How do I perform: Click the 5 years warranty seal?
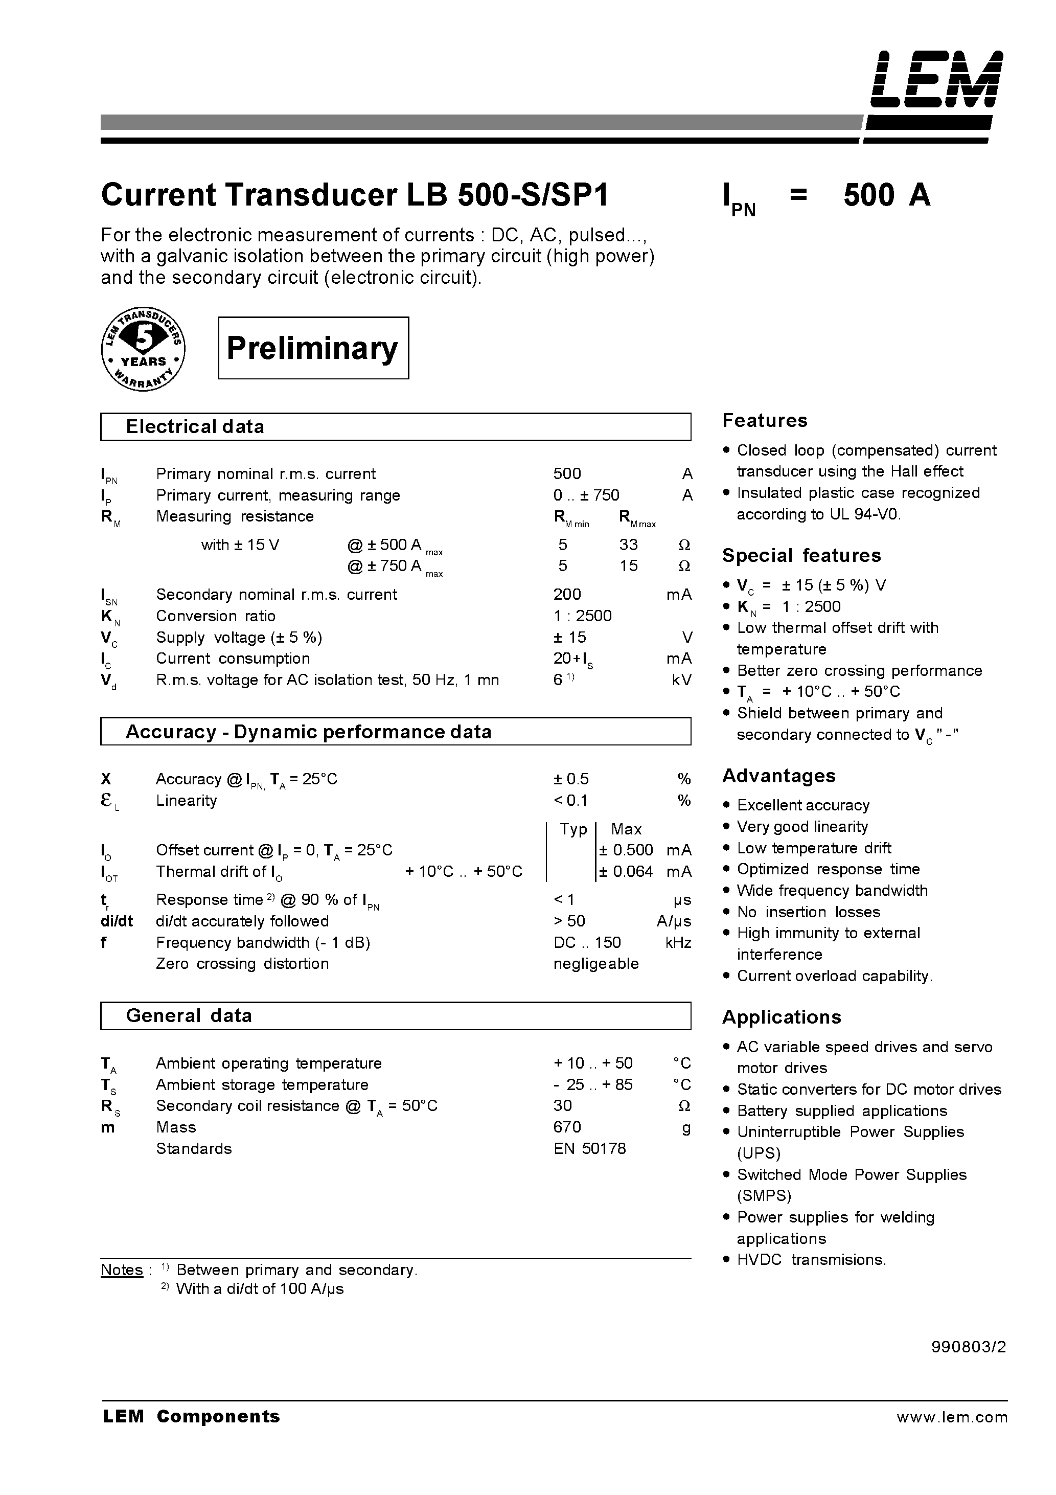143,349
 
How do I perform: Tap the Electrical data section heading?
195,427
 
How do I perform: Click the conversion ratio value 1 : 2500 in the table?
582,616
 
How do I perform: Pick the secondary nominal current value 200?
567,595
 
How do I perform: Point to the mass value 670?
567,1127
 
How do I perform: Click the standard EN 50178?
589,1148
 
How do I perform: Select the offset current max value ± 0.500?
626,850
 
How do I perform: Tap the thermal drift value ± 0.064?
626,872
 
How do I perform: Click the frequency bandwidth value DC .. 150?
587,943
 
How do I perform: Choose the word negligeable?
595,964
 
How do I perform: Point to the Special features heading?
801,555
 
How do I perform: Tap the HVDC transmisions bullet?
811,1260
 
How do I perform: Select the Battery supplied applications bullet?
842,1111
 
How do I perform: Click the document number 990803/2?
968,1347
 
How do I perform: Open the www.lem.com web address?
952,1417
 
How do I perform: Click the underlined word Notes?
122,1270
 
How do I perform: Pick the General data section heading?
188,1016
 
